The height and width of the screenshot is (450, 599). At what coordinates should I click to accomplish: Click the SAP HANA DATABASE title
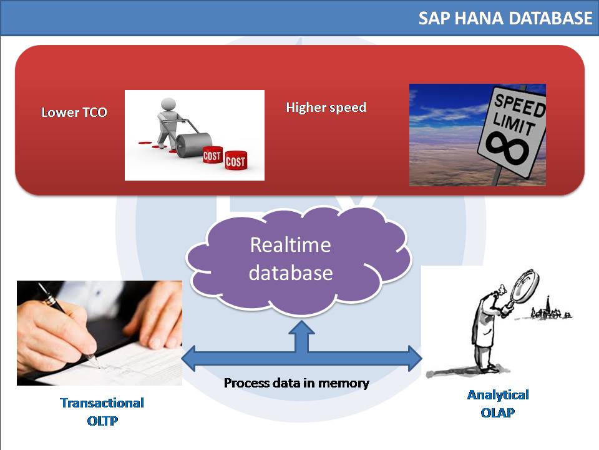click(505, 18)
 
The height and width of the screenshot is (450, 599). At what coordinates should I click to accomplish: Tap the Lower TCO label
click(74, 112)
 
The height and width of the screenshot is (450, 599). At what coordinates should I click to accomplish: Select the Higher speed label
click(326, 107)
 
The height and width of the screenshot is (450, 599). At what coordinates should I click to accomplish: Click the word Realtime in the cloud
click(290, 244)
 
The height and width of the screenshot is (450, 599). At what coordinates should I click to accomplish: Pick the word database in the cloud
click(290, 273)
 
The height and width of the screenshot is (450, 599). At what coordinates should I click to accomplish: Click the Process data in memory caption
click(296, 383)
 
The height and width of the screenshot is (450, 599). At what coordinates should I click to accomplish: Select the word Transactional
click(102, 403)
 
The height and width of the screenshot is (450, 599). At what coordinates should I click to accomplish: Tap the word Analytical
click(498, 395)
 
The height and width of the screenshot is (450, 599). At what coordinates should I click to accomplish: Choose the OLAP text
click(498, 413)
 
